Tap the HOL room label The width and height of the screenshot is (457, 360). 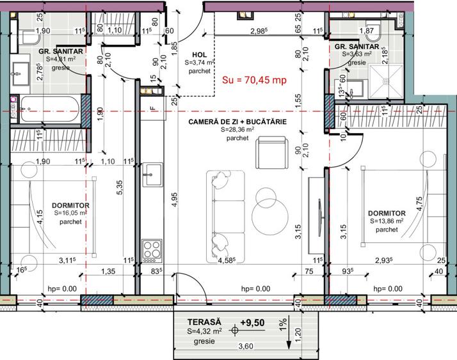(199, 55)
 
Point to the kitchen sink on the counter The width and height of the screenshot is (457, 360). (151, 171)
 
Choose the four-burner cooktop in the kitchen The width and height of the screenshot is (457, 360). (151, 247)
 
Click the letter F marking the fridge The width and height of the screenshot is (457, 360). (151, 108)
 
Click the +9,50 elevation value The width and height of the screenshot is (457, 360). (253, 322)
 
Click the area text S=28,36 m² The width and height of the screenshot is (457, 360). (237, 129)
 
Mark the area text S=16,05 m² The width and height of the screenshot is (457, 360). (72, 214)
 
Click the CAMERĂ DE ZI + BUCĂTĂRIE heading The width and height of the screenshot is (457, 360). (237, 121)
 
